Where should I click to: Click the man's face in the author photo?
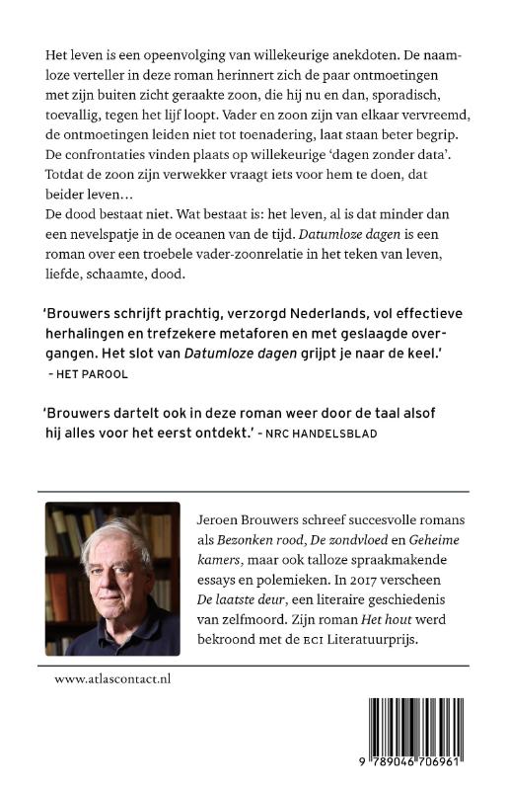tap(111, 571)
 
